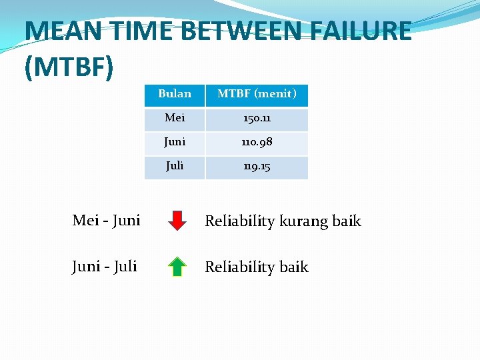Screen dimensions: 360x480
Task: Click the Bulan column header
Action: click(x=175, y=94)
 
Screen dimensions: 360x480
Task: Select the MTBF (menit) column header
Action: click(x=257, y=94)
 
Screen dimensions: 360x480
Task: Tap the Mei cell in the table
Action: click(x=175, y=118)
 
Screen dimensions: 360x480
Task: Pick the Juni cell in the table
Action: click(x=175, y=142)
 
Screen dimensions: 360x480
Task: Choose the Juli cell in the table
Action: click(x=175, y=166)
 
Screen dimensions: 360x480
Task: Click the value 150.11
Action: click(x=257, y=118)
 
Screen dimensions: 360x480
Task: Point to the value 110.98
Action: click(x=257, y=142)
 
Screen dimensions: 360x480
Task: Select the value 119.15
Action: click(x=257, y=166)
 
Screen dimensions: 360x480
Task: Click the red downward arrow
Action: click(x=177, y=220)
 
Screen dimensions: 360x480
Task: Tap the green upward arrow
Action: click(x=177, y=266)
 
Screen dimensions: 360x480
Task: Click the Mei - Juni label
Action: click(x=106, y=220)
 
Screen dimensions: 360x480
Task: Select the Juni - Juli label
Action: click(x=105, y=266)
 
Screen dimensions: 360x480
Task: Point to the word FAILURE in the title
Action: click(x=361, y=31)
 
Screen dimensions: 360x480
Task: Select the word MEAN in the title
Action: click(x=57, y=31)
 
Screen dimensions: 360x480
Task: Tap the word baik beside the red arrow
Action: click(x=347, y=221)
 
